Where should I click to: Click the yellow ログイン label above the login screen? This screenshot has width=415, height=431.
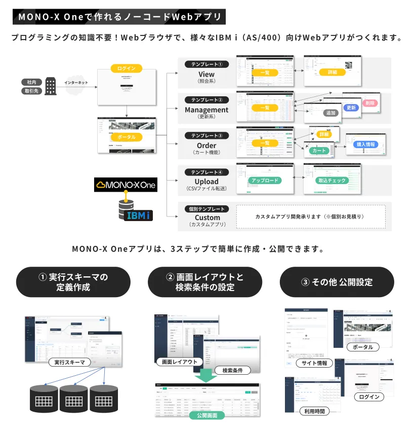127,68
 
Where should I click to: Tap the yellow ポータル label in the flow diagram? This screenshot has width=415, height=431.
127,137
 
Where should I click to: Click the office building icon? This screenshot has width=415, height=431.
51,86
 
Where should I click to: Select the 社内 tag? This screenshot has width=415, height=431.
32,82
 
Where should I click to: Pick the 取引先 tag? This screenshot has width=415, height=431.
32,91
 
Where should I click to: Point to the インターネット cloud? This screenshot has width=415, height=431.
76,86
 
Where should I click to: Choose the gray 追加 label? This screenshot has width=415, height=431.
331,113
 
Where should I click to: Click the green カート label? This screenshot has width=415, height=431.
320,151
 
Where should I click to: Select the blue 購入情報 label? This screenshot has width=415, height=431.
366,145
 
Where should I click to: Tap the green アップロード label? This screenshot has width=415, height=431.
264,180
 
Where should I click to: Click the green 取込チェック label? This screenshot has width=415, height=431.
332,180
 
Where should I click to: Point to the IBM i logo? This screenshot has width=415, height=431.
138,215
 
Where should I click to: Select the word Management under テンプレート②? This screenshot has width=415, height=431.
206,110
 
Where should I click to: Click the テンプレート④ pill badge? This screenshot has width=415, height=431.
206,171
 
